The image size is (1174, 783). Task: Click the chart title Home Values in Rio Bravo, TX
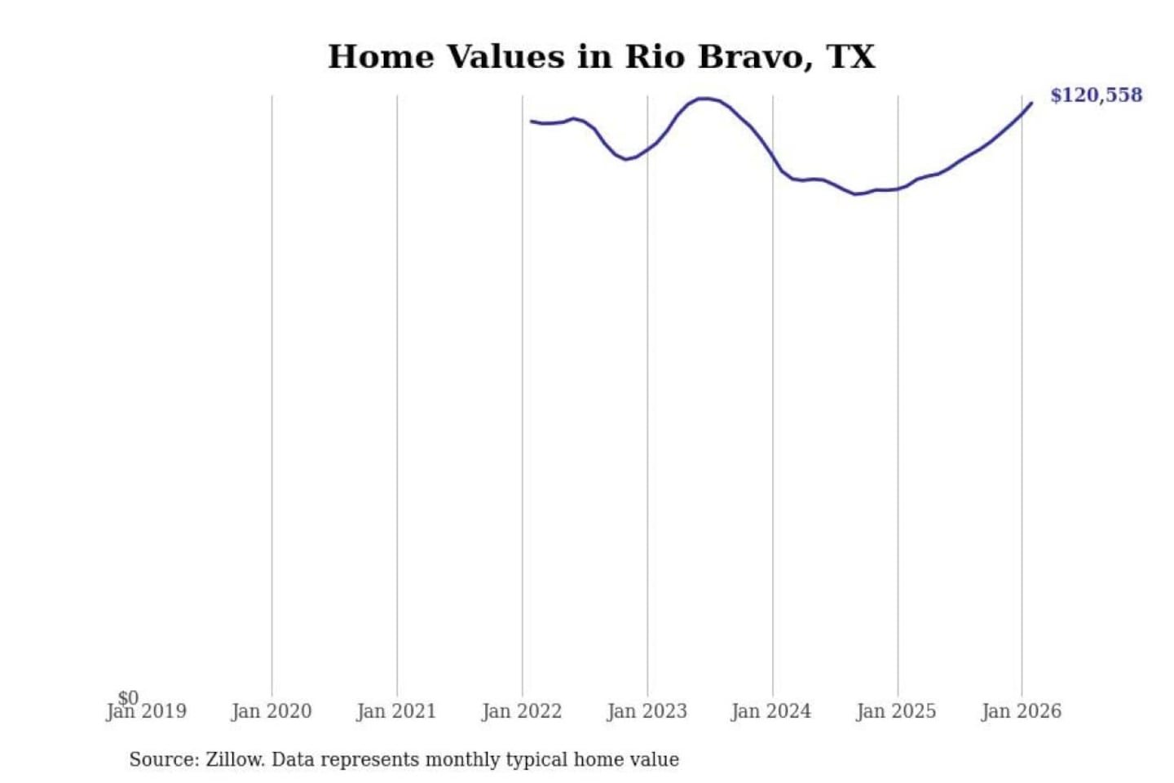[601, 57]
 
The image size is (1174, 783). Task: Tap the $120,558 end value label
[1096, 95]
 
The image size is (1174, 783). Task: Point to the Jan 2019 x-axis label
[147, 712]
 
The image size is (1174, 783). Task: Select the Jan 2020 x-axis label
[271, 712]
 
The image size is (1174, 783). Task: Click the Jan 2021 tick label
[396, 712]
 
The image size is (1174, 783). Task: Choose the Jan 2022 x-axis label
[522, 712]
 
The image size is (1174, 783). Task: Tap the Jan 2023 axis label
[647, 712]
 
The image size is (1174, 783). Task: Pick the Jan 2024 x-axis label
[771, 712]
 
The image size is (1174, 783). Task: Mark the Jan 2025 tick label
[896, 712]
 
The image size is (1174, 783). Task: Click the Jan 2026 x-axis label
[1021, 712]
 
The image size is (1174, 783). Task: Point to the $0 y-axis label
[128, 697]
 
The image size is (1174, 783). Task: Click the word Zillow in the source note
[234, 759]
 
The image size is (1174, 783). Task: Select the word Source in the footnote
[161, 759]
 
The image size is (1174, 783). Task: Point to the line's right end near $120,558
[1031, 104]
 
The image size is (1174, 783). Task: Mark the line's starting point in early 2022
[532, 122]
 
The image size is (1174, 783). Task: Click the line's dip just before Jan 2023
[626, 159]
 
